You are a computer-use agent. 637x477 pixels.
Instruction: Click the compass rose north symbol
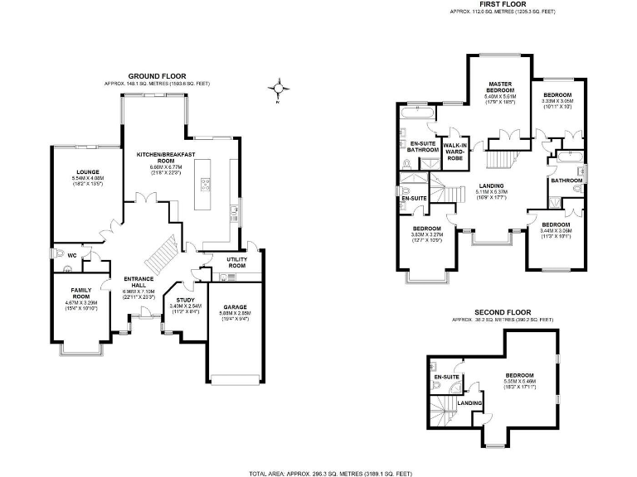(x=280, y=88)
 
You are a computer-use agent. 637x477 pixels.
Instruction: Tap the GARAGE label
(x=234, y=306)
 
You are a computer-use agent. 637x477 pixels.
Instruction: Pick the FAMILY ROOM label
(x=80, y=292)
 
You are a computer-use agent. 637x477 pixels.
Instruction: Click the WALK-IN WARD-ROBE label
(x=454, y=150)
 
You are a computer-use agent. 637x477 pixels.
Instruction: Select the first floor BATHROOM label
(x=566, y=180)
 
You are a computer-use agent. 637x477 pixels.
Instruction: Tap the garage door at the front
(x=235, y=380)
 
